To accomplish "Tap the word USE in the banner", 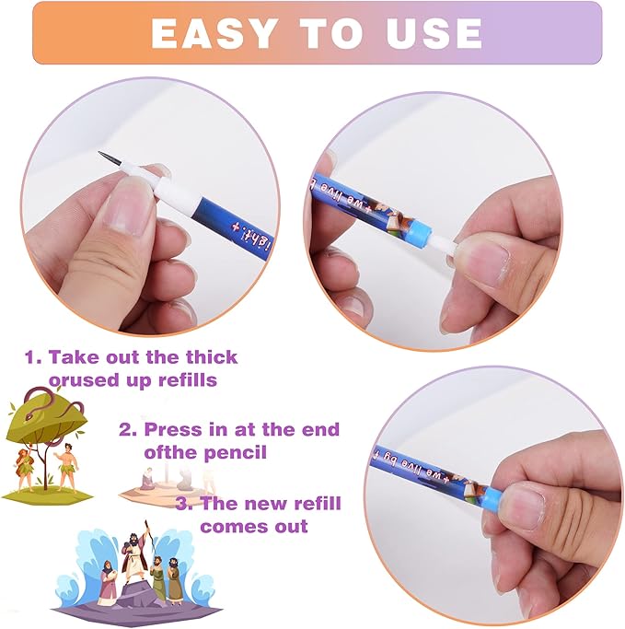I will pos(432,34).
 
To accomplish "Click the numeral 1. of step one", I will pos(32,357).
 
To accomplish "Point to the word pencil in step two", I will pos(237,452).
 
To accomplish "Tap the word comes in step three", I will pos(229,526).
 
